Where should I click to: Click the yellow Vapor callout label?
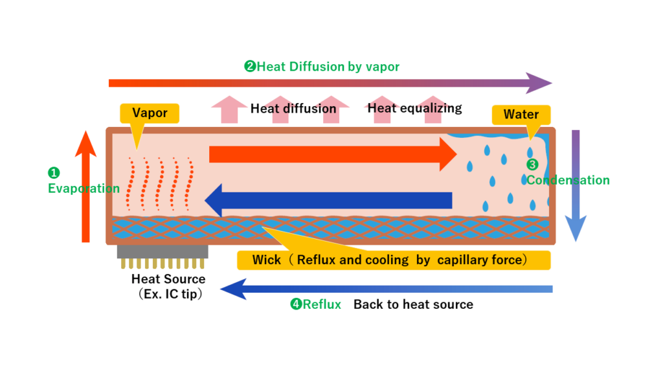point(150,113)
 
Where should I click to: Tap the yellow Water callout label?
point(521,115)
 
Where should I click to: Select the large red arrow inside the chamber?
point(333,154)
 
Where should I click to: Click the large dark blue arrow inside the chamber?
point(328,200)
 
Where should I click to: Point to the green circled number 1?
point(54,172)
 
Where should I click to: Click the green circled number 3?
point(532,164)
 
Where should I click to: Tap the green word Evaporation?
point(84,188)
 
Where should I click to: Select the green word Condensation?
point(568,180)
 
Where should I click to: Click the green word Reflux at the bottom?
point(322,304)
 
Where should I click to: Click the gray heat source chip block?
point(163,252)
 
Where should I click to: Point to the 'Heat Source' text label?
point(168,279)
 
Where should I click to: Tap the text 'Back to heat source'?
point(413,304)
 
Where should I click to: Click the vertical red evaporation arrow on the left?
point(86,186)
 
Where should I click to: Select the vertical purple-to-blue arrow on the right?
point(576,186)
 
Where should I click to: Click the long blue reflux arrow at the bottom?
point(386,289)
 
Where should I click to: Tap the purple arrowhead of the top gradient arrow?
point(539,83)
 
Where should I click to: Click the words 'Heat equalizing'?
point(414,108)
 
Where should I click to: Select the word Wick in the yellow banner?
point(266,260)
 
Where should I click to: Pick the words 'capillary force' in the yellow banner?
point(480,260)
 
